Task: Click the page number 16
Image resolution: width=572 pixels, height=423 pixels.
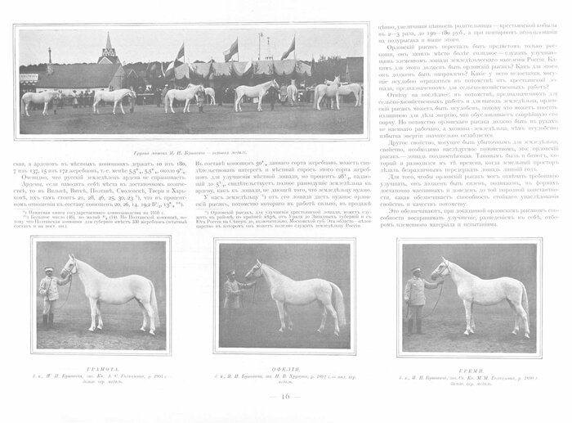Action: click(x=285, y=397)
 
